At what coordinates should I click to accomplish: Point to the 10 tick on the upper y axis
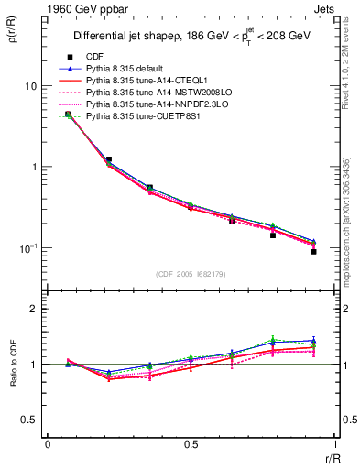[x=31, y=86]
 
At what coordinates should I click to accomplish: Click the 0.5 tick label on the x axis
[x=190, y=444]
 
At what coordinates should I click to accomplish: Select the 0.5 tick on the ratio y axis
[x=29, y=420]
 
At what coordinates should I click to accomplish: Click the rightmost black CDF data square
[x=313, y=251]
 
